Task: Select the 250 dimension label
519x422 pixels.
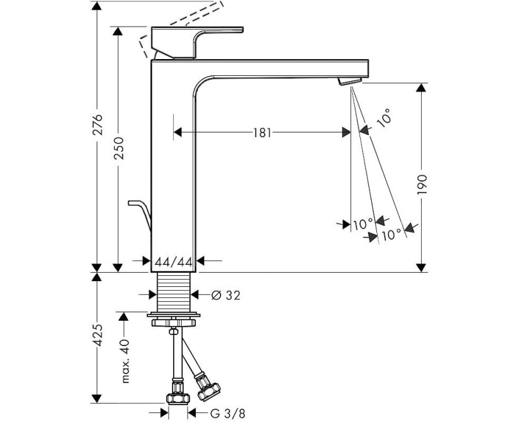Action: pyautogui.click(x=118, y=152)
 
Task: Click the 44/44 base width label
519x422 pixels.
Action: pyautogui.click(x=174, y=262)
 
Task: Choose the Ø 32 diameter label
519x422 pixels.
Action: pyautogui.click(x=226, y=295)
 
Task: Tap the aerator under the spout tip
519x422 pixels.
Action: pyautogui.click(x=350, y=81)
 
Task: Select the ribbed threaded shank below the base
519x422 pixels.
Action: pyautogui.click(x=175, y=293)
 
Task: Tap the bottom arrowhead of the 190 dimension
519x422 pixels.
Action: pyautogui.click(x=421, y=267)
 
